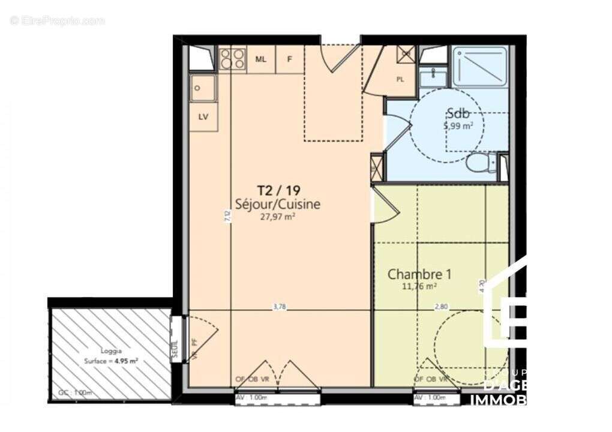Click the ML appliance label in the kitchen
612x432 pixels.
(x=261, y=59)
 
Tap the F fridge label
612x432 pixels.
(x=290, y=59)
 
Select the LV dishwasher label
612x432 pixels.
(x=203, y=117)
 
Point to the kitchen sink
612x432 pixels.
(x=203, y=88)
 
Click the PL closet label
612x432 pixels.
(x=400, y=79)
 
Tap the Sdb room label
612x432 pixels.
(x=457, y=113)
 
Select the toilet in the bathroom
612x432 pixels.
(x=479, y=163)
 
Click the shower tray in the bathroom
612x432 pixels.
(x=480, y=67)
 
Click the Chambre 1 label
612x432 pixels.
(x=419, y=274)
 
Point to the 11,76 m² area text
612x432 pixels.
(x=419, y=286)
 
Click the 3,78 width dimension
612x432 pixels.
(x=279, y=306)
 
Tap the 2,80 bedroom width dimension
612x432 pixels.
(x=441, y=306)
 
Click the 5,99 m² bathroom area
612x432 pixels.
(x=458, y=125)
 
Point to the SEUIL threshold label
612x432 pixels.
(x=175, y=346)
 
